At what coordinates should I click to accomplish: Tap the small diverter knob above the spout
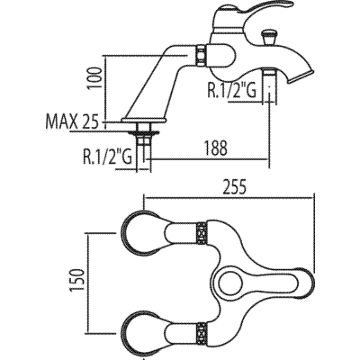click(x=268, y=39)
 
